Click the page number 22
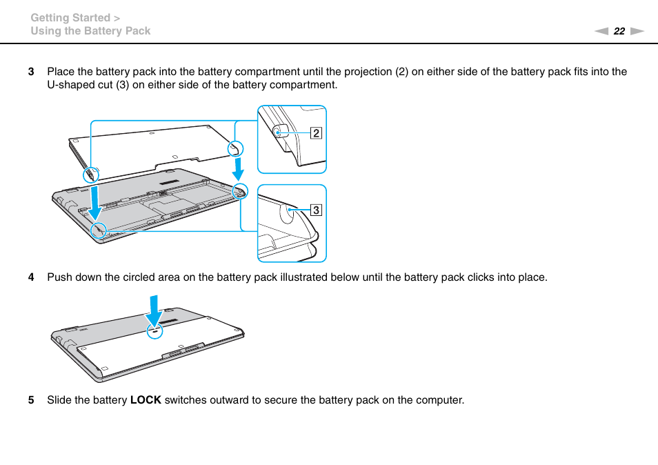619,31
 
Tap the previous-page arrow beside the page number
601,31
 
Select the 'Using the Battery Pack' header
90,31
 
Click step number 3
30,72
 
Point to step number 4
30,278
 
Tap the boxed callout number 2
316,133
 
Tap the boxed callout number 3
316,210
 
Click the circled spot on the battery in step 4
155,330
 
